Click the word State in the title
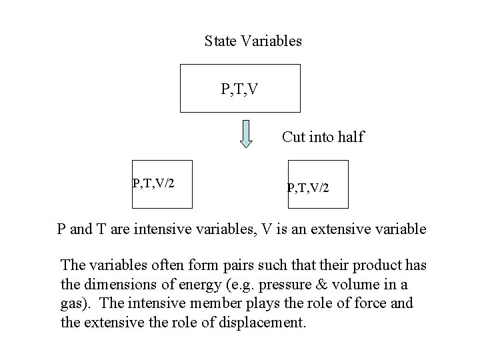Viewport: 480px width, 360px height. [x=219, y=41]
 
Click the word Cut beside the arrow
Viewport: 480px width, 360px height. [x=293, y=137]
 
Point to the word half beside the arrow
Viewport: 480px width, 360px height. [x=351, y=137]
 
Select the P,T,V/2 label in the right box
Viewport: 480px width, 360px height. [x=307, y=189]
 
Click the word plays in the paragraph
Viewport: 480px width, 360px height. [x=265, y=304]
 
